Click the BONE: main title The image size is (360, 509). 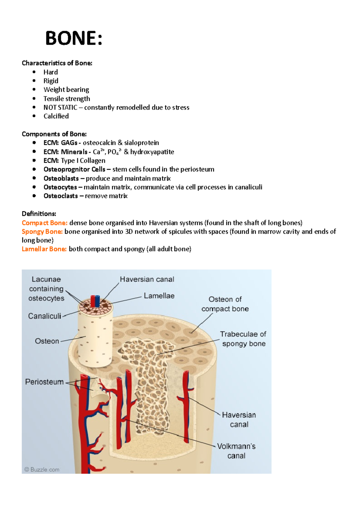[x=74, y=38]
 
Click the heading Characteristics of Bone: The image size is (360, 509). [x=57, y=63]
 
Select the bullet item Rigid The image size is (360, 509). [x=51, y=81]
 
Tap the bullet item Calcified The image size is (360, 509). [x=56, y=116]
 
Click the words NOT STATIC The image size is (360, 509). [x=60, y=108]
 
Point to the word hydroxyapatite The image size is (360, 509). [x=152, y=152]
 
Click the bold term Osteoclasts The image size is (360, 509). [x=61, y=196]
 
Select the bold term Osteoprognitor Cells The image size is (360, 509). [x=74, y=169]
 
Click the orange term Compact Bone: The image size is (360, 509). [x=45, y=223]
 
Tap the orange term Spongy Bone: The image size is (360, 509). [x=42, y=232]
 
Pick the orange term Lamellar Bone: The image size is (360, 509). [x=44, y=249]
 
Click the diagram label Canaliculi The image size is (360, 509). [x=45, y=316]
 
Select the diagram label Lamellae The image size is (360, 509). [x=159, y=296]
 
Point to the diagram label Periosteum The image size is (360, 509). [x=44, y=382]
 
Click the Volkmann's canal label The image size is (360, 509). [x=236, y=451]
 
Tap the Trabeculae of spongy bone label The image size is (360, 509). [x=243, y=339]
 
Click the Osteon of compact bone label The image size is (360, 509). [x=225, y=304]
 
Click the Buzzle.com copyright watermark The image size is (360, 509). [x=42, y=470]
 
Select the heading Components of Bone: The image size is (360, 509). [x=54, y=134]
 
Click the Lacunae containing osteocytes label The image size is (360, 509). [x=46, y=289]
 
